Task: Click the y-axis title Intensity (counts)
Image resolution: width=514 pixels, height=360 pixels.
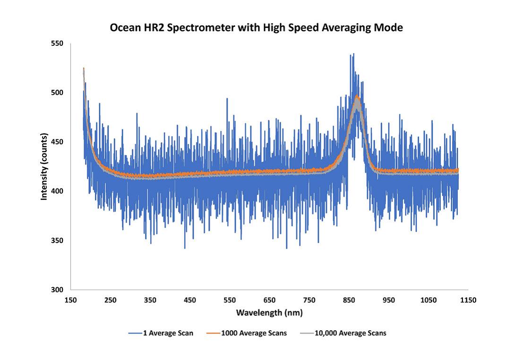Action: coord(44,166)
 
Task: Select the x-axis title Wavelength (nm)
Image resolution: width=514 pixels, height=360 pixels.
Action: coord(269,313)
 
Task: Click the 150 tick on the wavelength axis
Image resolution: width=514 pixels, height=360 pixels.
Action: coord(70,300)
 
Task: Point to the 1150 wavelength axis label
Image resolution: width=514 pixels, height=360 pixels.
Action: coord(468,300)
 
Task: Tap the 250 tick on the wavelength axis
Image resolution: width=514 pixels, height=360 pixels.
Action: coord(110,300)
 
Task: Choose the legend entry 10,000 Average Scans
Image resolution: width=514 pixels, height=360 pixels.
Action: coord(350,333)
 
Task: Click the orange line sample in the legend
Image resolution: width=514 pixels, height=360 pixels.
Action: coord(214,333)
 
